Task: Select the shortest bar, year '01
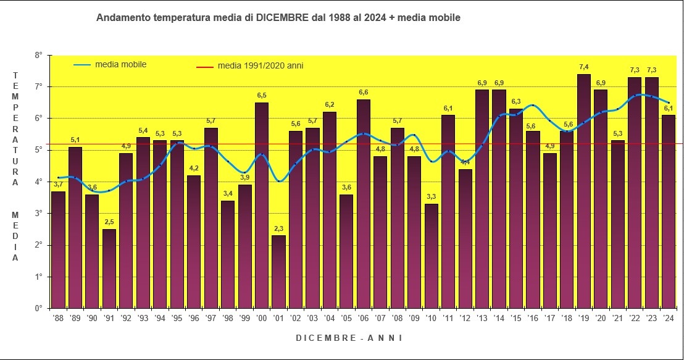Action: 278,272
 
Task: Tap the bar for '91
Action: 109,269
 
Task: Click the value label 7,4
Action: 584,67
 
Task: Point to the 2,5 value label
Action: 109,222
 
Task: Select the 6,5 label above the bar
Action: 262,95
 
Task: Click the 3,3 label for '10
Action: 432,196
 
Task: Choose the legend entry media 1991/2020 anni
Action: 260,65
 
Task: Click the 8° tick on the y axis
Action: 38,55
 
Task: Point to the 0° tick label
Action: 38,308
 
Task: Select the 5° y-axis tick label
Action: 38,150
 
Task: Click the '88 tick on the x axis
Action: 58,318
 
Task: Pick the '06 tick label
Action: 364,318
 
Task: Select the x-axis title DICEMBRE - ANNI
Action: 349,338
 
